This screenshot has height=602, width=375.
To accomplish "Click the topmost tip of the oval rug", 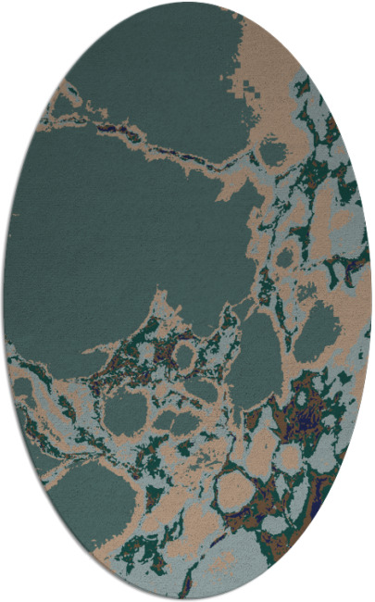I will [x=187, y=3].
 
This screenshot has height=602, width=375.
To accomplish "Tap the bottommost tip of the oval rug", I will [x=187, y=598].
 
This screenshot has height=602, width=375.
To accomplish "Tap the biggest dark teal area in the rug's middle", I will [x=120, y=232].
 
